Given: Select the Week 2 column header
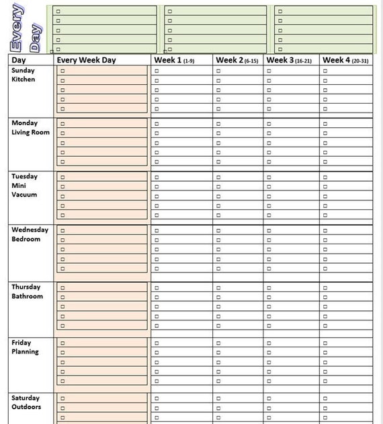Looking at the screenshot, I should [237, 60].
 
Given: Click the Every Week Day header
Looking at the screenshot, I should [86, 60].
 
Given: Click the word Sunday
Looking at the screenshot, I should [24, 70].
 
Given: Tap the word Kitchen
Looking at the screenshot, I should [24, 79].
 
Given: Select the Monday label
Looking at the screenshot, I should [25, 123].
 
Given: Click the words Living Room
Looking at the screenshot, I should [31, 133].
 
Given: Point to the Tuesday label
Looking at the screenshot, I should [25, 176].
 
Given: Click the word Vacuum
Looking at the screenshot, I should [24, 195].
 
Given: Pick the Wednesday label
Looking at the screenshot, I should [30, 229].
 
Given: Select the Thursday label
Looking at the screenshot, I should [27, 287].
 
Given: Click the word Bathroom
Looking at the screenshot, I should [28, 296].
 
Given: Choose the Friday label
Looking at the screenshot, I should [22, 343].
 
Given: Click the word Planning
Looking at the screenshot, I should [26, 352].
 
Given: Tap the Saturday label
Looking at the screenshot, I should [26, 398].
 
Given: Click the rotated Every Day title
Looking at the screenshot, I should [26, 28].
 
